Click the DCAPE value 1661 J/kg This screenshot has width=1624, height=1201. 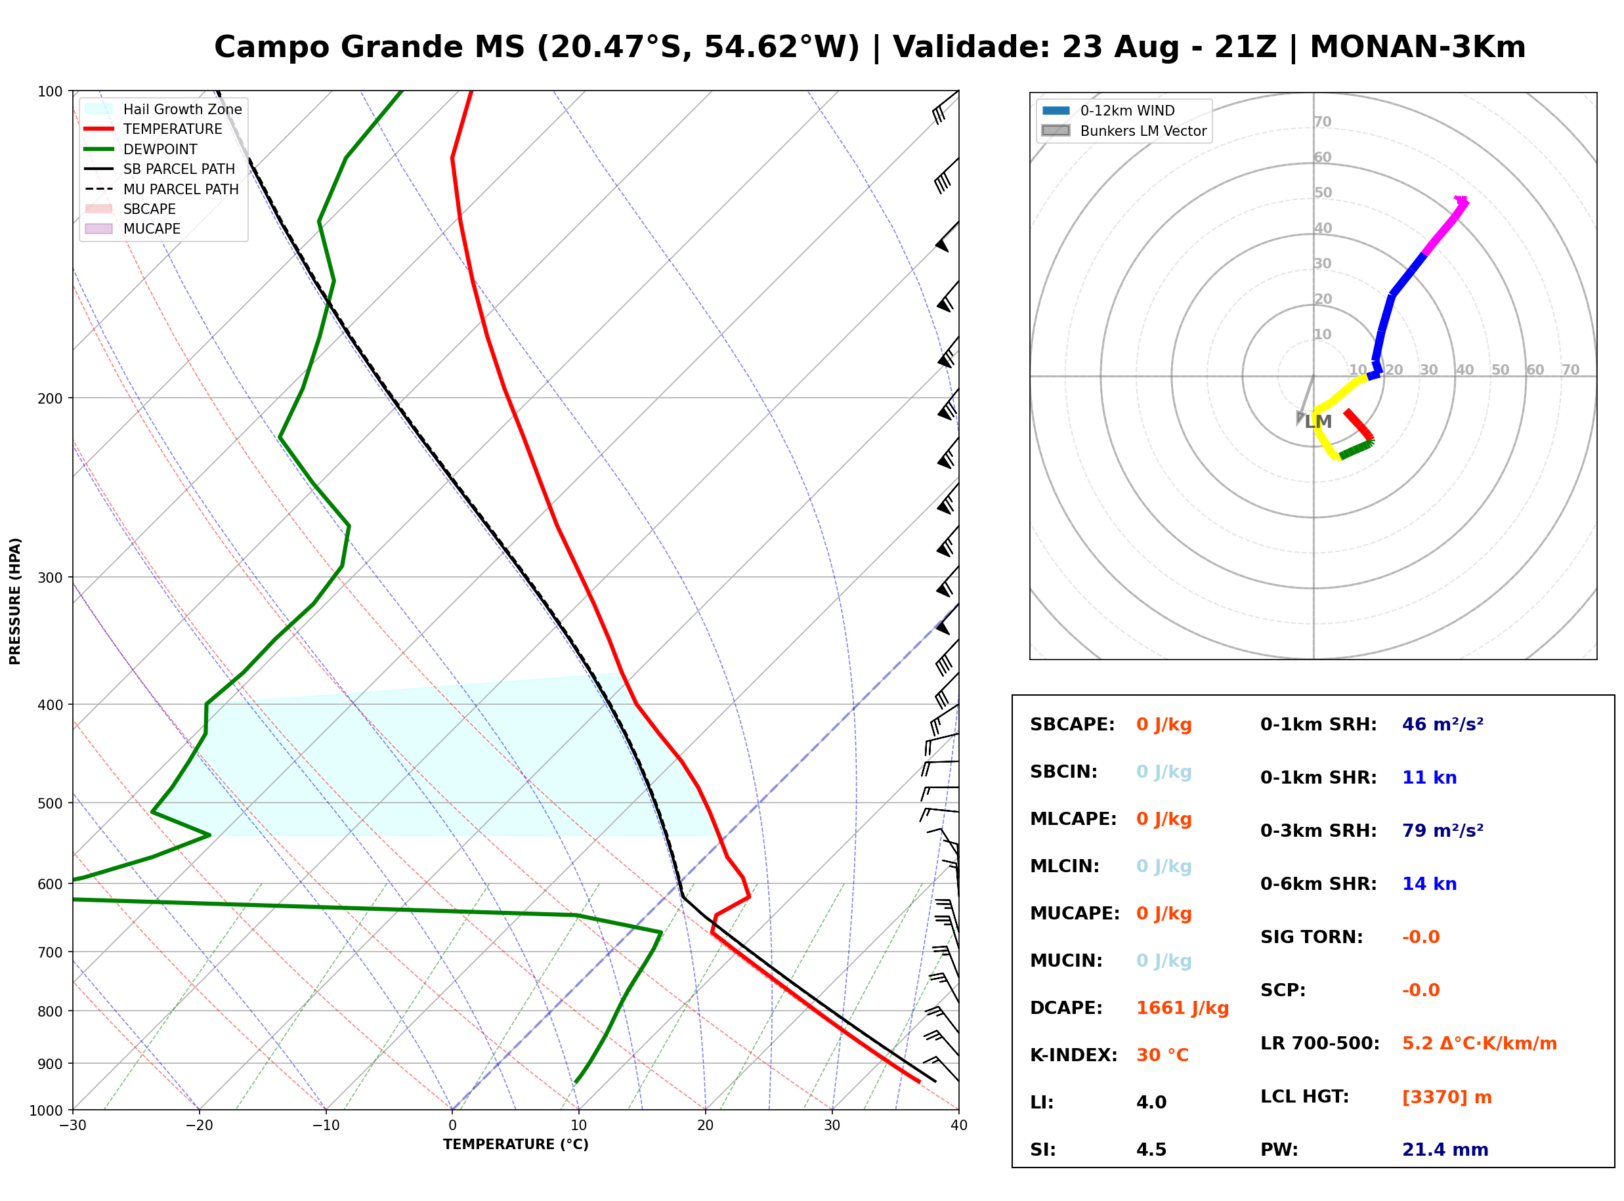point(1182,1008)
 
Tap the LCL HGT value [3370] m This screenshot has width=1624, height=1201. point(1447,1097)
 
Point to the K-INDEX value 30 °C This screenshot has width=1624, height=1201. point(1163,1055)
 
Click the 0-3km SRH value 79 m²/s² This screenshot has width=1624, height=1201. point(1442,830)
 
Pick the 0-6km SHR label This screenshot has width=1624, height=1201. point(1318,884)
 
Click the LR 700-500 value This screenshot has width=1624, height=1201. point(1480,1044)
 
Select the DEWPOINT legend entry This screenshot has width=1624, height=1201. point(141,149)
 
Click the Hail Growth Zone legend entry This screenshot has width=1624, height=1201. point(163,109)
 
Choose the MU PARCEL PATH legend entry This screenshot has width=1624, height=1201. point(161,189)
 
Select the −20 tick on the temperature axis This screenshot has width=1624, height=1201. point(198,1126)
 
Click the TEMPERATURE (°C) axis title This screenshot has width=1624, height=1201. point(515,1145)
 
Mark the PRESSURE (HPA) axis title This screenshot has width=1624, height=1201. point(15,601)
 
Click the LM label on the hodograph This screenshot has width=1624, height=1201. point(1318,421)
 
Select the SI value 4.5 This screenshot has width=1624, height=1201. point(1151,1150)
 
